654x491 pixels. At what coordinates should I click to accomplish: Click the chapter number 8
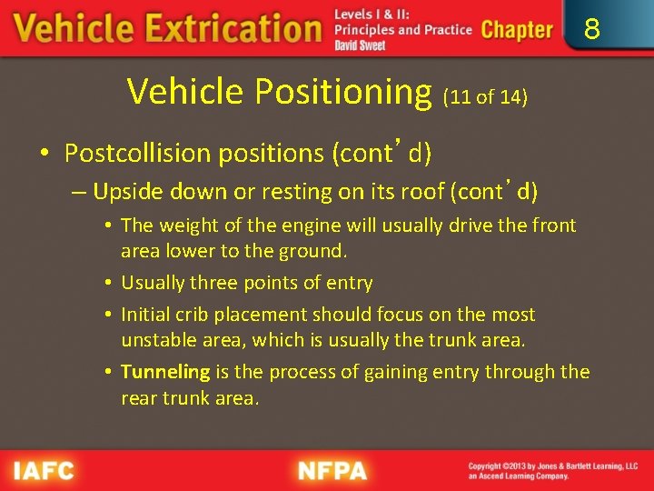tap(591, 30)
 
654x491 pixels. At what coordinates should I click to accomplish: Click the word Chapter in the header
tap(517, 30)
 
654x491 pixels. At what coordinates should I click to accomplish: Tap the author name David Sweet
tap(360, 45)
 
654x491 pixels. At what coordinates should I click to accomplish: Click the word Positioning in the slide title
tap(343, 92)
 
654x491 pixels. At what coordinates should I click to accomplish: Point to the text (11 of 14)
tap(484, 96)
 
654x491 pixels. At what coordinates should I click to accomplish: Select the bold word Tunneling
tap(165, 372)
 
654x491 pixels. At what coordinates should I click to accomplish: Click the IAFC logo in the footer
tap(43, 471)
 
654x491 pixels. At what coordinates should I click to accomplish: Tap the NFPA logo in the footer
tap(332, 471)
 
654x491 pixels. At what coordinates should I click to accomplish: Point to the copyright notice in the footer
tap(552, 471)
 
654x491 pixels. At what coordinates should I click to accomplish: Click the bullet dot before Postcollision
tap(45, 154)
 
